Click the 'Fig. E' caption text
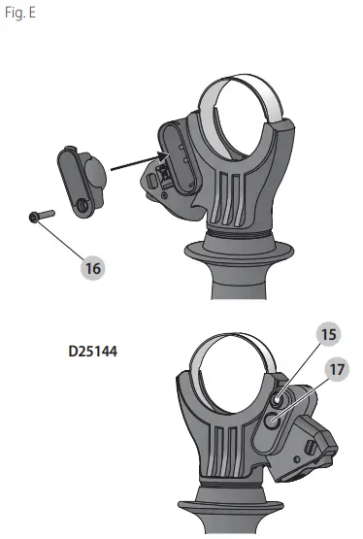pos(20,13)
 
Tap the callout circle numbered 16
pos(93,268)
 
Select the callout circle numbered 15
pos(329,334)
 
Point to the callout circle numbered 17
pos(337,370)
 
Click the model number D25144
pos(93,352)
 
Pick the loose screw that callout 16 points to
pos(42,216)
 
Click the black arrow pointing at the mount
pos(140,162)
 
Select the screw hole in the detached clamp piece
pos(82,206)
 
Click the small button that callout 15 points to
pos(278,399)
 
